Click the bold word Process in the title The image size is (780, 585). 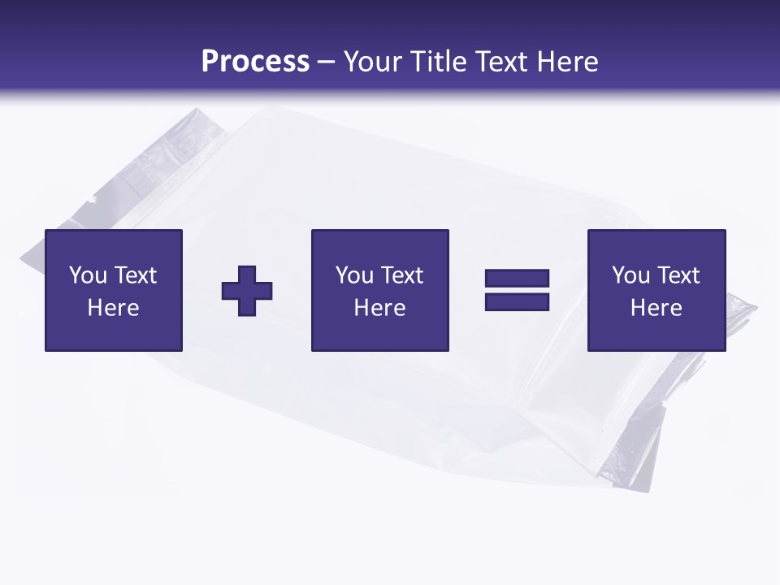point(255,61)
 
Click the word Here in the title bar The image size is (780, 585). point(567,61)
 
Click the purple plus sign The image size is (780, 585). point(247,291)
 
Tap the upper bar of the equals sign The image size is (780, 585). point(517,279)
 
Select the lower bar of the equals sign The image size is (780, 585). point(517,301)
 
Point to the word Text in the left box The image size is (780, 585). point(135,275)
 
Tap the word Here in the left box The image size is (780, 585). point(114,308)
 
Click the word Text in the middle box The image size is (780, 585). point(401,275)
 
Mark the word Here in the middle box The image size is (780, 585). point(380,308)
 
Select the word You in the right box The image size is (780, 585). point(630,275)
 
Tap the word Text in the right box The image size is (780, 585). point(678,275)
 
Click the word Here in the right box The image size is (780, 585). point(656,308)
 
